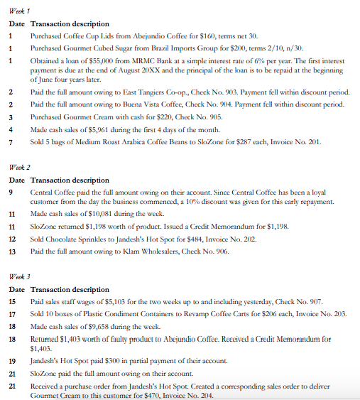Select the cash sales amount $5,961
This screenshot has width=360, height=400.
pos(97,131)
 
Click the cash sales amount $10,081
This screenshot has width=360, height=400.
pos(99,213)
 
